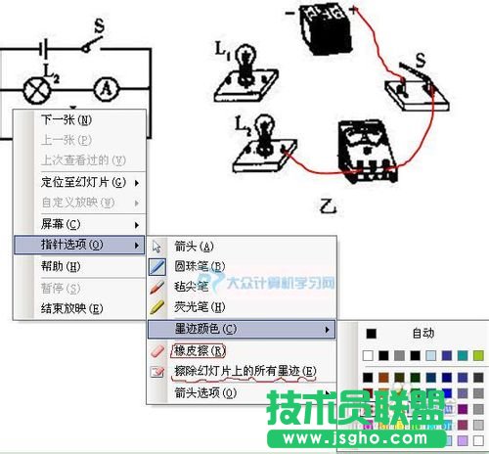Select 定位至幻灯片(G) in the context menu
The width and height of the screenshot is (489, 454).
tap(83, 182)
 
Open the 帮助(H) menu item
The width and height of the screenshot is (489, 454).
tap(61, 266)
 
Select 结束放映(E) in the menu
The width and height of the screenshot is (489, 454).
tap(71, 308)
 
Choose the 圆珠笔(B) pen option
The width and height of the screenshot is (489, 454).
tap(200, 266)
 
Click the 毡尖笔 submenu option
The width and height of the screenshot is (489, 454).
tap(192, 287)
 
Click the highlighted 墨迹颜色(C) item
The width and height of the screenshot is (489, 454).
tap(205, 329)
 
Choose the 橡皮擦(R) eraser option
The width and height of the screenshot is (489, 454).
tap(200, 350)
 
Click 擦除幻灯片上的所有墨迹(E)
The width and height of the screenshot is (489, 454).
tap(244, 371)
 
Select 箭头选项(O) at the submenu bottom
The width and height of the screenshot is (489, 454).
tap(205, 392)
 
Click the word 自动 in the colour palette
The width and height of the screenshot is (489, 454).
tap(422, 333)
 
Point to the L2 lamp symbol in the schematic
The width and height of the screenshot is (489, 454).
tap(36, 86)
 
